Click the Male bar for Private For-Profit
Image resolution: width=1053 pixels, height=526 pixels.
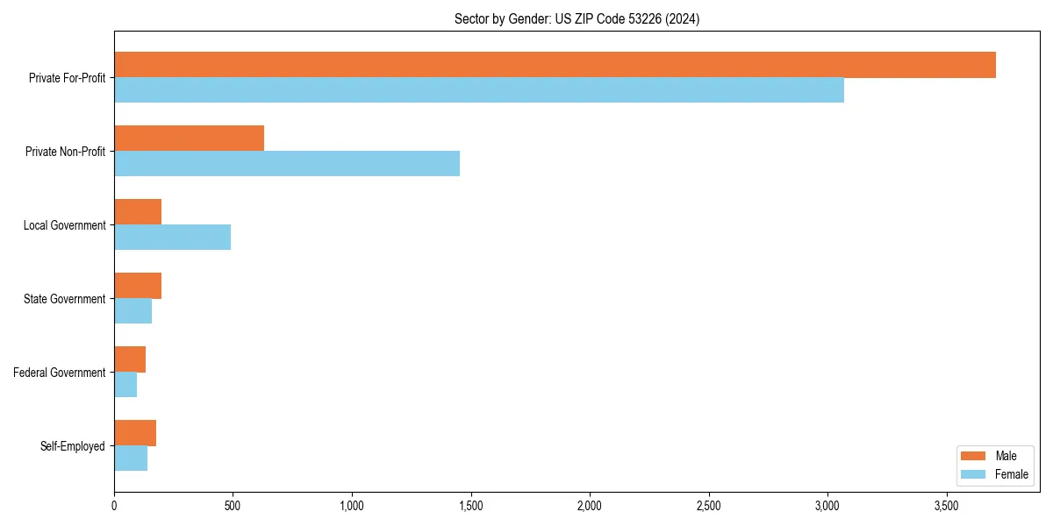[x=555, y=65]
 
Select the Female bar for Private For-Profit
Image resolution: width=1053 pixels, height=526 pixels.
[x=479, y=90]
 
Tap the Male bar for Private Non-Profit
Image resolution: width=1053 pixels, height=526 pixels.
[x=190, y=139]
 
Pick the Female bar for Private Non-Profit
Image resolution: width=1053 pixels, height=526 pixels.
[x=287, y=164]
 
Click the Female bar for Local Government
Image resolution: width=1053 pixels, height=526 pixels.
[x=173, y=238]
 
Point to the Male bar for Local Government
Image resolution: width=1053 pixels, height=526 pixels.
[x=138, y=212]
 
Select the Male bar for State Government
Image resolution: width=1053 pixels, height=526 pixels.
[x=138, y=286]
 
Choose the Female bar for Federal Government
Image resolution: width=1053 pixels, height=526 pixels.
[x=125, y=385]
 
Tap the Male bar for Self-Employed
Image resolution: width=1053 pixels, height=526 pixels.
[x=135, y=433]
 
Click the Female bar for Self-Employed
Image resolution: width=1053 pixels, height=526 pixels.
[x=131, y=458]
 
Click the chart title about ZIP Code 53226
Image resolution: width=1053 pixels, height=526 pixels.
[x=577, y=18]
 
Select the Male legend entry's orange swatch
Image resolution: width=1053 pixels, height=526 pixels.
[x=974, y=456]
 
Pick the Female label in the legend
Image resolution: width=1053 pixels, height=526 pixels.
[x=1012, y=474]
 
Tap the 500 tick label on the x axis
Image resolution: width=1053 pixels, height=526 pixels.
[x=233, y=506]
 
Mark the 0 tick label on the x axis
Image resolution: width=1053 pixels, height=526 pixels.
[x=114, y=506]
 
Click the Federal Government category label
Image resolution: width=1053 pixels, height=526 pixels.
[x=60, y=373]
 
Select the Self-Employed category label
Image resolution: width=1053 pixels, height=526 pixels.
[x=73, y=446]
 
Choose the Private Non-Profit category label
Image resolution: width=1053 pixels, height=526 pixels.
[x=66, y=152]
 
